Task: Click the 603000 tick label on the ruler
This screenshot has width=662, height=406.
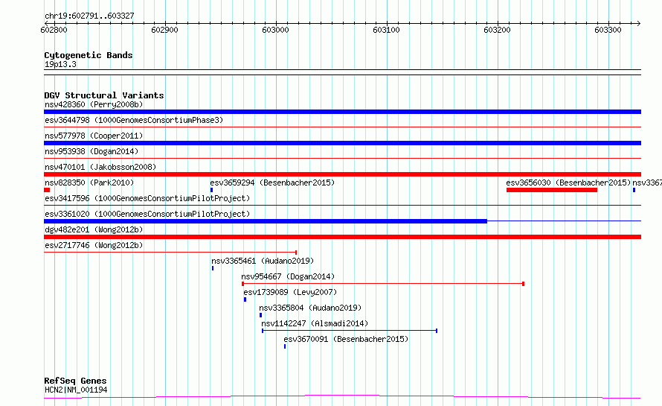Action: pyautogui.click(x=275, y=30)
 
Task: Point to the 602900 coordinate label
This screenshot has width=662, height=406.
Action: pyautogui.click(x=164, y=30)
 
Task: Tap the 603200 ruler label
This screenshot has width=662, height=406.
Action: pyautogui.click(x=497, y=30)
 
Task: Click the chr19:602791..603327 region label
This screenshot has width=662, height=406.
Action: pyautogui.click(x=89, y=16)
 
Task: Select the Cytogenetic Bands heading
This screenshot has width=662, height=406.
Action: pyautogui.click(x=89, y=55)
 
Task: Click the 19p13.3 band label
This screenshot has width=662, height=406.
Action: pyautogui.click(x=60, y=64)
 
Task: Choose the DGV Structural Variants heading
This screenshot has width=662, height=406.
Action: pyautogui.click(x=104, y=95)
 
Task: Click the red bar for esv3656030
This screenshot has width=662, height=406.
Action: pyautogui.click(x=552, y=190)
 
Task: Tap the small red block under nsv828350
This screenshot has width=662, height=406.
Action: pyautogui.click(x=47, y=190)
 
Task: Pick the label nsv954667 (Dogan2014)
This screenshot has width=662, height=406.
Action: pyautogui.click(x=288, y=276)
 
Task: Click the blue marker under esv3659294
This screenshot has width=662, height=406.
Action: pyautogui.click(x=211, y=190)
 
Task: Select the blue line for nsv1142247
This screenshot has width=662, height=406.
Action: pyautogui.click(x=350, y=331)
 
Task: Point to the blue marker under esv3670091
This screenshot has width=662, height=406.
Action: pyautogui.click(x=285, y=346)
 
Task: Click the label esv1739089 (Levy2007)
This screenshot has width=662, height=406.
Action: pyautogui.click(x=290, y=292)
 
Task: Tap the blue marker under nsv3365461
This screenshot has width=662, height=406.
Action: pyautogui.click(x=213, y=268)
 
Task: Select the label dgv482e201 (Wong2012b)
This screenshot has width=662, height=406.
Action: pyautogui.click(x=94, y=229)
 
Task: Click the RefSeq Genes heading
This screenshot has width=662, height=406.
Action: pyautogui.click(x=75, y=381)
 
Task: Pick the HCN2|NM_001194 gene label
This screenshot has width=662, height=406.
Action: pyautogui.click(x=76, y=390)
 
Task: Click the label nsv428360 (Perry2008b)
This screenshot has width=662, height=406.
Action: pyautogui.click(x=94, y=104)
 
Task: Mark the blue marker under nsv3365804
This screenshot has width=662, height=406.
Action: pyautogui.click(x=260, y=315)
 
